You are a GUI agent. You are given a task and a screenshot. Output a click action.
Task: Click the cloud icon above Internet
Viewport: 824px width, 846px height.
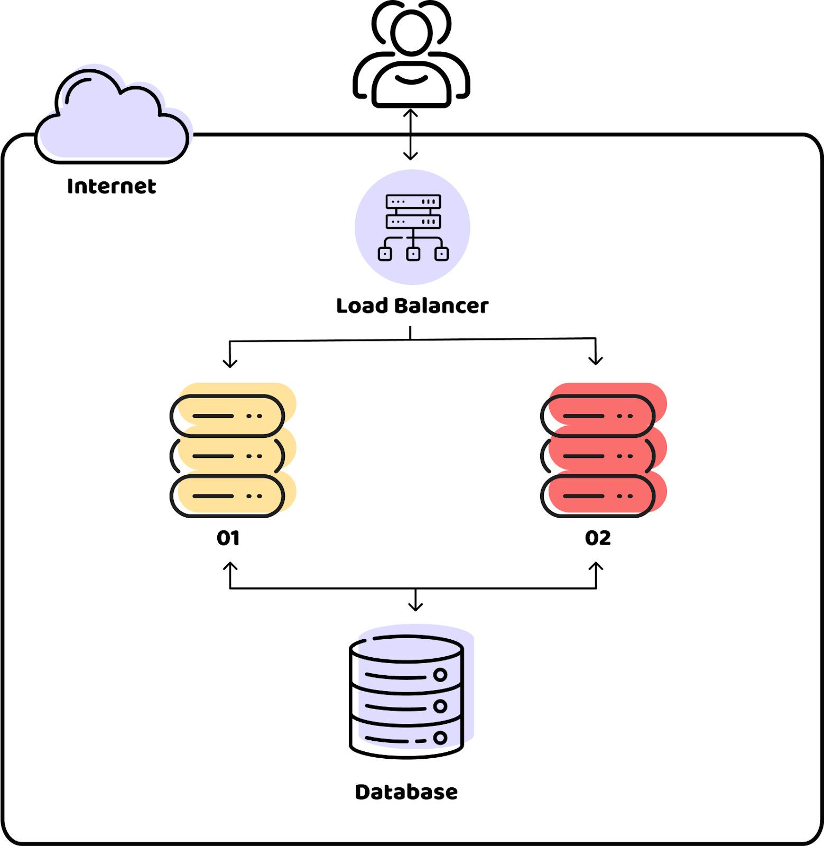click(112, 116)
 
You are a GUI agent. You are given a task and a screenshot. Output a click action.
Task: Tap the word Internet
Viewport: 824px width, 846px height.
click(112, 186)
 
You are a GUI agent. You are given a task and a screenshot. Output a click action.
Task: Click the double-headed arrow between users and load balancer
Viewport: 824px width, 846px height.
click(411, 134)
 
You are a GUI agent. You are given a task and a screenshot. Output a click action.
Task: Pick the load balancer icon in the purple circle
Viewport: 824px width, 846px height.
click(413, 227)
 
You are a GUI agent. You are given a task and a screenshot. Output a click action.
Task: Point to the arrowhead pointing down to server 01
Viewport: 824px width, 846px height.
click(230, 363)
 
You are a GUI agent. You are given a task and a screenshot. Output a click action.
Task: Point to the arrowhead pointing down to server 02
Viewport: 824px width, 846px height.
click(596, 360)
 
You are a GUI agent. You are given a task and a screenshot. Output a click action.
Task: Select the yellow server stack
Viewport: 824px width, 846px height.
click(233, 449)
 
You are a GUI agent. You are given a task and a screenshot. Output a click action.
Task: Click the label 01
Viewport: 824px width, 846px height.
click(228, 538)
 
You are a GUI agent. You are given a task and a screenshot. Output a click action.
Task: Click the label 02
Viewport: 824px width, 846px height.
click(598, 538)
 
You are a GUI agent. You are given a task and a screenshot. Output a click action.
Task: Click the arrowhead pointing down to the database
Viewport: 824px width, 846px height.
click(415, 606)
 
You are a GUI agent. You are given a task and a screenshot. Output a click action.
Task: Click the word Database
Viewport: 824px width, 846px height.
click(406, 792)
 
